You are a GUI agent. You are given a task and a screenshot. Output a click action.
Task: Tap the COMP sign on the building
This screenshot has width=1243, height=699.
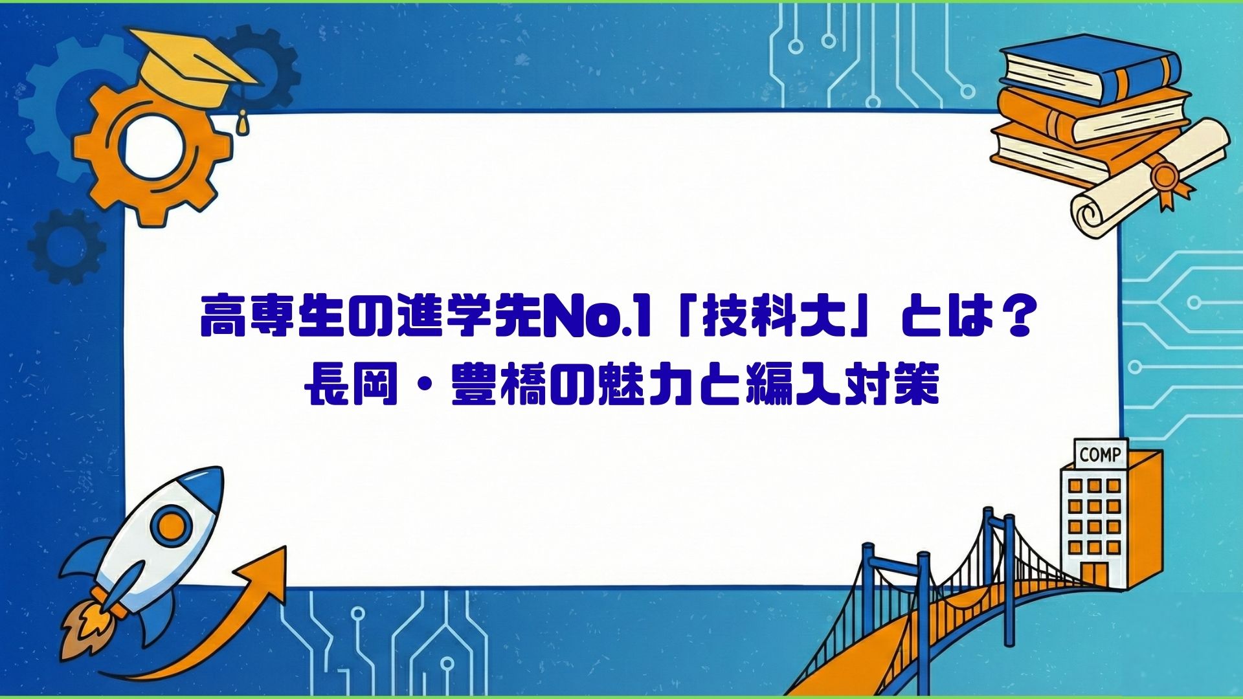click(1100, 454)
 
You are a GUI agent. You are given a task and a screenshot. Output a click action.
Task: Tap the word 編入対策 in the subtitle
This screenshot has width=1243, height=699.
click(842, 386)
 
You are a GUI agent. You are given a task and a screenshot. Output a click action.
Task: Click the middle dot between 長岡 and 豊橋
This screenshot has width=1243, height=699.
click(425, 387)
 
